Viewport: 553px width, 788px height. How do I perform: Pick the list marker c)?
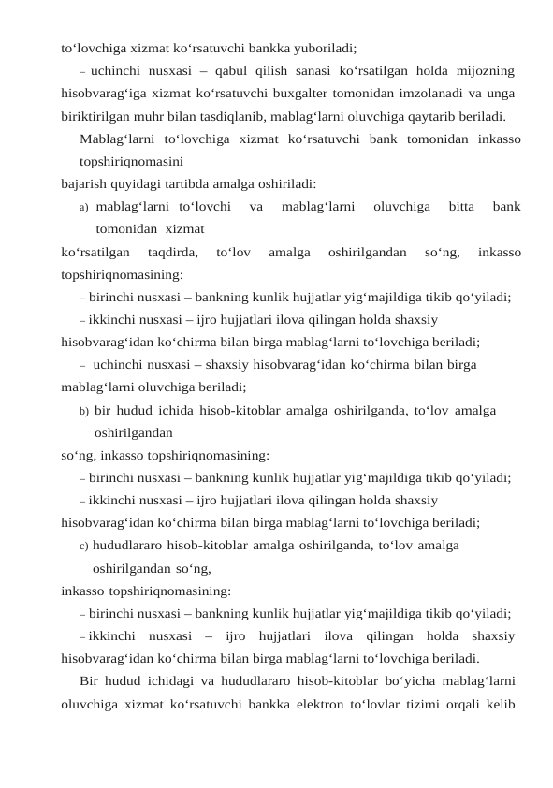pos(84,547)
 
